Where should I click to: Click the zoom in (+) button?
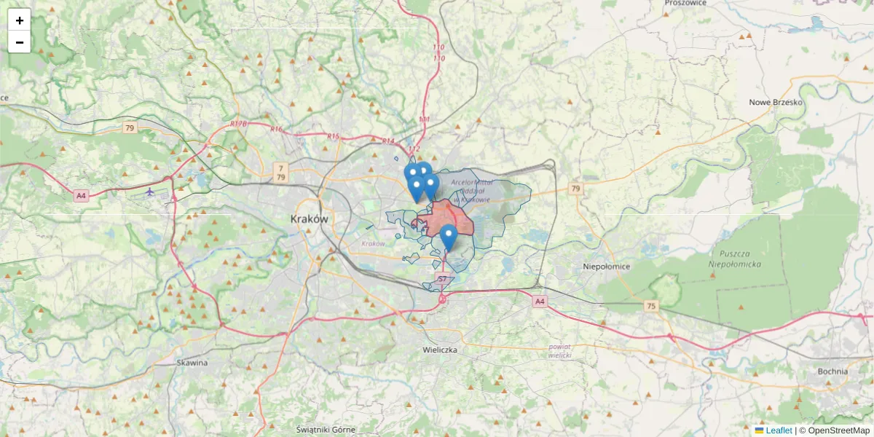click(20, 20)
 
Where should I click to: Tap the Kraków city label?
click(310, 219)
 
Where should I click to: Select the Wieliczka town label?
click(440, 350)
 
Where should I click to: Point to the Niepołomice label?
click(606, 267)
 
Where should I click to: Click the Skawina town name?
click(192, 362)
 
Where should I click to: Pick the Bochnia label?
click(832, 371)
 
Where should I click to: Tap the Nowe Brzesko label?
click(776, 102)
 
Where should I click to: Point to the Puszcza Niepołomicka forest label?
click(735, 259)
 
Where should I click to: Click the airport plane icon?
click(150, 192)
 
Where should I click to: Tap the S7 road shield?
click(442, 279)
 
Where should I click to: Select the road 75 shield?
click(650, 307)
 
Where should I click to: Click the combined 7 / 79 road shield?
click(281, 173)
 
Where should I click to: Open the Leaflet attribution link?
click(778, 430)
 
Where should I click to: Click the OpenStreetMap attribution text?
click(838, 430)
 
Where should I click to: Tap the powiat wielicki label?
click(560, 351)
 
